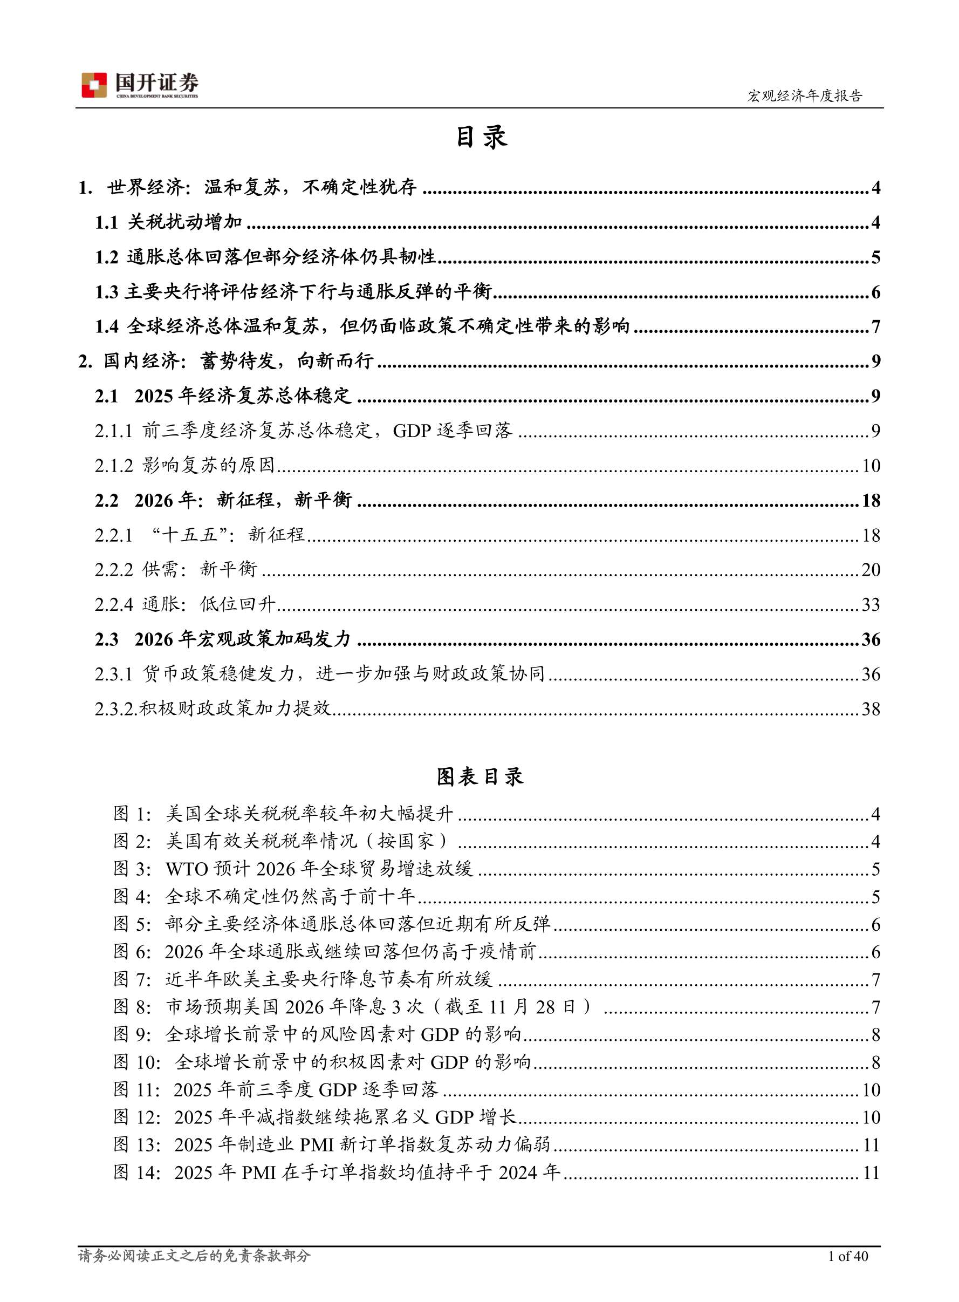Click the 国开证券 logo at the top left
140,85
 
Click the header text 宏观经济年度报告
804,96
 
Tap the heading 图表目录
480,776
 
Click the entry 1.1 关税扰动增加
169,222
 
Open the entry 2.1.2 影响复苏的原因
184,465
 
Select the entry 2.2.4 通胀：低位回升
184,604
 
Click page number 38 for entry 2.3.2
870,709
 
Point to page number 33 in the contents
870,604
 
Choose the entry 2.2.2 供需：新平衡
176,570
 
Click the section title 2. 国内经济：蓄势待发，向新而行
227,361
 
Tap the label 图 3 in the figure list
132,869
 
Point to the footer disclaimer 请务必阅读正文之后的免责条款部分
195,1256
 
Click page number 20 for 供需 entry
870,570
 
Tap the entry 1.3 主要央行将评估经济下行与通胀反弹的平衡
294,292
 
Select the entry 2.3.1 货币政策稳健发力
320,674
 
